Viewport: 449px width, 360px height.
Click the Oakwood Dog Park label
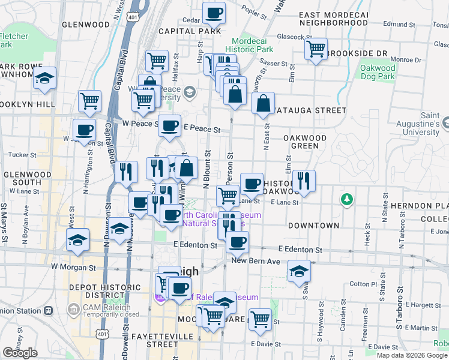point(378,72)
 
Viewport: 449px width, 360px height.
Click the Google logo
point(20,353)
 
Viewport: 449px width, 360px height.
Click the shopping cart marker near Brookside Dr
point(316,49)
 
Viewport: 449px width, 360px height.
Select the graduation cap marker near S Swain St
point(299,271)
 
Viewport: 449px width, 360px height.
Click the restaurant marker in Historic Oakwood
point(304,179)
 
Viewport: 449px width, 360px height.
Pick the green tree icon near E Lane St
point(346,199)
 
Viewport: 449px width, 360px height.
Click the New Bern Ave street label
point(256,262)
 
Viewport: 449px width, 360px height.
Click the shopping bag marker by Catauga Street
point(264,103)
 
